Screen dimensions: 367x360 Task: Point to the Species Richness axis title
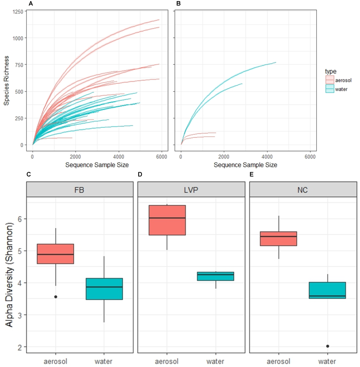click(7, 78)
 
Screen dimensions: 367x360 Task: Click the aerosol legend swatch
click(330, 80)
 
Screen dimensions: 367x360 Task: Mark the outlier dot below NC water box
click(327, 346)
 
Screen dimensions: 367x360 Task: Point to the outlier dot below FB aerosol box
click(56, 297)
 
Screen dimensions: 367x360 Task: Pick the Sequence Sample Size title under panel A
click(97, 165)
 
